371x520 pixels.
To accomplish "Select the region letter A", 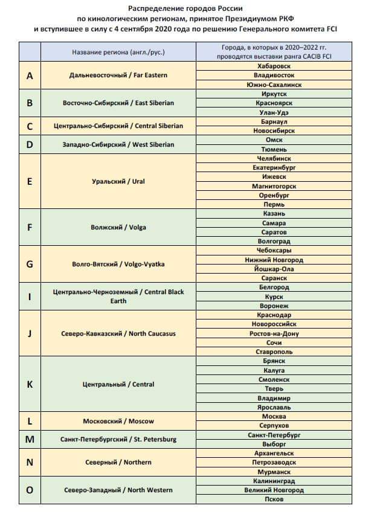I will tap(30, 75).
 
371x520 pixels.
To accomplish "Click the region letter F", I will tap(30, 228).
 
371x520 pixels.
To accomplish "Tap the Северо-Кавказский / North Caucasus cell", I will tap(118, 334).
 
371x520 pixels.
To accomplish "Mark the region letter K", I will tap(30, 384).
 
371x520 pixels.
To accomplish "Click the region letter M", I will tap(30, 439).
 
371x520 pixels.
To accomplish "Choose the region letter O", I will tap(30, 490).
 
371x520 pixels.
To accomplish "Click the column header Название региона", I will tap(118, 52).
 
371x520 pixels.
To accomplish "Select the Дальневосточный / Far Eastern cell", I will tap(118, 75).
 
